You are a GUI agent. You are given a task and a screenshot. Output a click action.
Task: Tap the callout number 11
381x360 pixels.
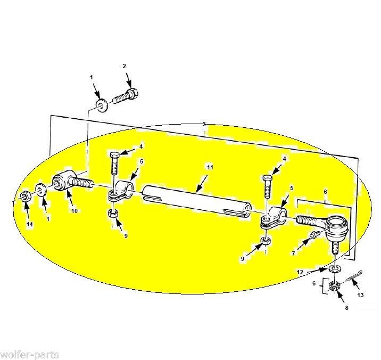[x=210, y=167]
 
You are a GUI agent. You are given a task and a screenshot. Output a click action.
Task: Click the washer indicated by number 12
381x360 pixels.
[x=335, y=269]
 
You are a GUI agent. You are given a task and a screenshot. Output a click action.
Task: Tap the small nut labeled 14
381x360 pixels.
[x=25, y=195]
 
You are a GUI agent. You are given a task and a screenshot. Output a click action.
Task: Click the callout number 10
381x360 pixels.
[x=74, y=211]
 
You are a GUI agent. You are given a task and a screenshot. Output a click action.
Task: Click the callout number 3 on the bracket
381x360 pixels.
[x=204, y=124]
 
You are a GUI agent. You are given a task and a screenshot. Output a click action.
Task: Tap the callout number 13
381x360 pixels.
[x=360, y=295]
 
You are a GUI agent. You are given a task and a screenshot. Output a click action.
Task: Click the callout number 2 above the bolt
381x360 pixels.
[x=125, y=66]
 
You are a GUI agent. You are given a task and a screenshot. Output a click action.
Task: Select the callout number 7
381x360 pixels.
[x=293, y=253]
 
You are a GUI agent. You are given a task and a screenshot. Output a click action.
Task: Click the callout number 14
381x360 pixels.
[x=29, y=225]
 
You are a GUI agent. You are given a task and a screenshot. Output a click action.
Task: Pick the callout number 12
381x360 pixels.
[x=300, y=273]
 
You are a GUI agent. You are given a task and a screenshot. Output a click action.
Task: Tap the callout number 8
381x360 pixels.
[x=347, y=308]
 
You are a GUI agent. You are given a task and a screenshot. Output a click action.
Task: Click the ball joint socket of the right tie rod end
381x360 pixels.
[x=336, y=226]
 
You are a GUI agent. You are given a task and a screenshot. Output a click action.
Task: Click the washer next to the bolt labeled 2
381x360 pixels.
[x=101, y=105]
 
